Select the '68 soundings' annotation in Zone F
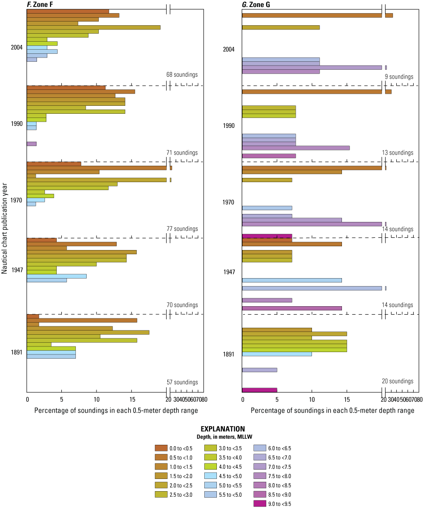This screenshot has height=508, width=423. (182, 74)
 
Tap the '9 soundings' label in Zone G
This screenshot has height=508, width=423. (399, 76)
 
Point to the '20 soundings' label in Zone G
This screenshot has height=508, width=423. (398, 382)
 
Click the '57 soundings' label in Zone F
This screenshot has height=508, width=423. (182, 383)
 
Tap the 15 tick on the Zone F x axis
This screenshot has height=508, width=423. (132, 400)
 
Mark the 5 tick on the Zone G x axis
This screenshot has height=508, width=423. (277, 400)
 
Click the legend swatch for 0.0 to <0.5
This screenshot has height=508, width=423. (161, 448)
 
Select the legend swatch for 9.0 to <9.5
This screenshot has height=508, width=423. (260, 504)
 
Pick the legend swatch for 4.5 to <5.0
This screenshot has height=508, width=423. (211, 476)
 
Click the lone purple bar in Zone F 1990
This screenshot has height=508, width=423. (32, 144)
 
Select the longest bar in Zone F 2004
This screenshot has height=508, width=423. (94, 27)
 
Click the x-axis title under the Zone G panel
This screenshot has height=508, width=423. (332, 411)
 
